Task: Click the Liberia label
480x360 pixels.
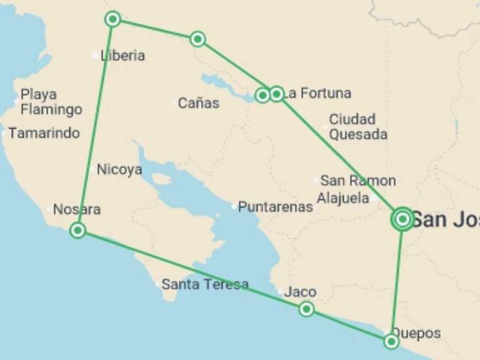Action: [x=123, y=56]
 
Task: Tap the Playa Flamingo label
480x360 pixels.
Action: [x=51, y=102]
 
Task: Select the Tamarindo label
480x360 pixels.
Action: [x=44, y=133]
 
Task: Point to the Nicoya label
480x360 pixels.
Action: [x=119, y=169]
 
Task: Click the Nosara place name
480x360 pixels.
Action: [x=77, y=209]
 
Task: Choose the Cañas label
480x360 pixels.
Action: [x=199, y=103]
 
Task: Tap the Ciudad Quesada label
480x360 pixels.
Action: [x=358, y=126]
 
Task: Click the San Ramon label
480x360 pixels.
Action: [x=358, y=181]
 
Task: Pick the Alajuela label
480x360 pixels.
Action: [x=343, y=198]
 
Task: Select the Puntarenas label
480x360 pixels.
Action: [x=276, y=207]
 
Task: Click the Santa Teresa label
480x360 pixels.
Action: [x=205, y=284]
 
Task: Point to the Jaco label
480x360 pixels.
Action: [x=300, y=292]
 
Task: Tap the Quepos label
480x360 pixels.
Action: [x=416, y=333]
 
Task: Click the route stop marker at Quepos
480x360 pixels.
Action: [x=391, y=341]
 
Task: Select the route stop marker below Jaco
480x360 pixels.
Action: [x=306, y=309]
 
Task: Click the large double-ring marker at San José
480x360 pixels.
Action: [x=402, y=219]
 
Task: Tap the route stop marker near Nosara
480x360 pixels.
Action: [x=77, y=231]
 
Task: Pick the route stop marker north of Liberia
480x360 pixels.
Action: [x=112, y=19]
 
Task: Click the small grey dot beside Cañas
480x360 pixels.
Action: [x=174, y=103]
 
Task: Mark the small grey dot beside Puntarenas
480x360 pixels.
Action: [x=234, y=206]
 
